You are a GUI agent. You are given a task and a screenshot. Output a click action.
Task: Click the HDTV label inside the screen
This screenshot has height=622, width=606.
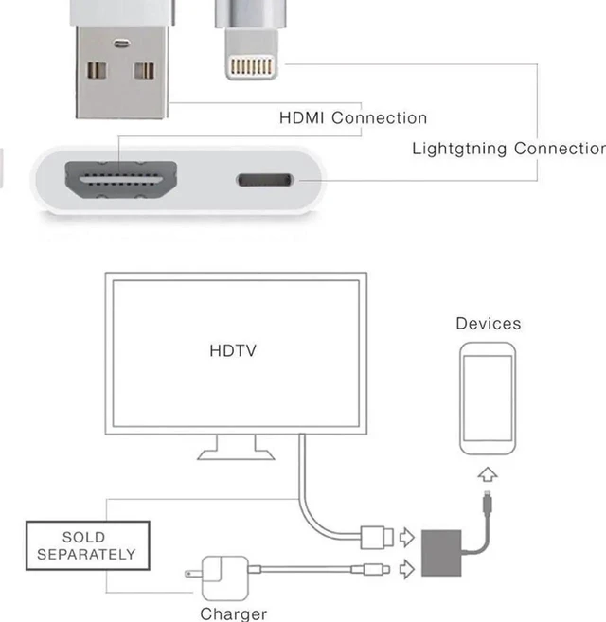233,350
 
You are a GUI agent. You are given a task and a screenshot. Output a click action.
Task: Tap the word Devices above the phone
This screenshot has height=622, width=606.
489,324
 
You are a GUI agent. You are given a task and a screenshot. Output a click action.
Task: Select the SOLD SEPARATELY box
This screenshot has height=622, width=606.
88,546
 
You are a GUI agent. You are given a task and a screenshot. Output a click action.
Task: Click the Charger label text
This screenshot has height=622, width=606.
233,614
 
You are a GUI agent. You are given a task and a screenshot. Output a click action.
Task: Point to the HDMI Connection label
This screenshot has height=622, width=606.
353,117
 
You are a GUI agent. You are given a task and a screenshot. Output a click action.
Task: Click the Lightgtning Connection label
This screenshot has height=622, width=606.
508,149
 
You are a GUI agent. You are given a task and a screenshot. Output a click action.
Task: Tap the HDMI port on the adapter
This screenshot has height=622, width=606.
121,180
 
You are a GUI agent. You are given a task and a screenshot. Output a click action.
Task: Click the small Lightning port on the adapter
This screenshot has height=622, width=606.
265,180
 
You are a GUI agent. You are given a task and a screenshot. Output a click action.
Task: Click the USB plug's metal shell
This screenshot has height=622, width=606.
122,72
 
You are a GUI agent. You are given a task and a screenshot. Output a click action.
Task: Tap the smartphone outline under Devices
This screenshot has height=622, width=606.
488,399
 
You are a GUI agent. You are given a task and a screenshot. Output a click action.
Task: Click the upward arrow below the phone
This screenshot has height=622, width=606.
488,474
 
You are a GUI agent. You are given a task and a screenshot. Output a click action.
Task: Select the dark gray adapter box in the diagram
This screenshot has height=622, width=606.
441,553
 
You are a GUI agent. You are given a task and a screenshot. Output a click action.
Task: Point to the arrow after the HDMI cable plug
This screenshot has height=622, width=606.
407,537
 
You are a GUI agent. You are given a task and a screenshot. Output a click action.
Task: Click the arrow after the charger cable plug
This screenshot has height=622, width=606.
407,569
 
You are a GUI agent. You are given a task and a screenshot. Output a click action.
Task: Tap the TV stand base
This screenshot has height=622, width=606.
236,454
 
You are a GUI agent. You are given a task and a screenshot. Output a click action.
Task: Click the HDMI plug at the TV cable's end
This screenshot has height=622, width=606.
377,538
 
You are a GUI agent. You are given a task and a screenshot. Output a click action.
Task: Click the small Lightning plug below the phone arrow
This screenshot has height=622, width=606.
488,503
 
